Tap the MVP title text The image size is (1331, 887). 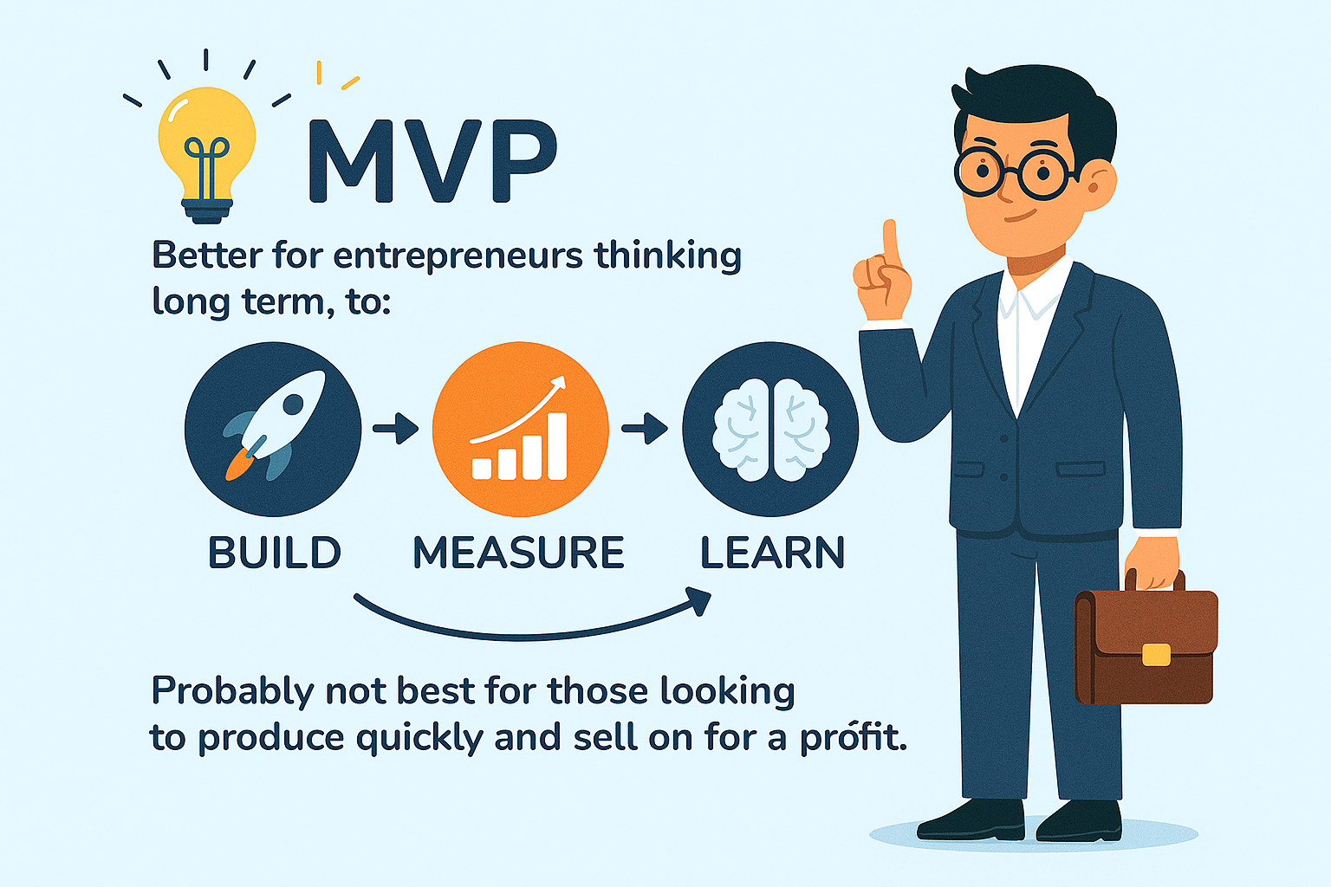pos(432,161)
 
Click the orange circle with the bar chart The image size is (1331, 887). pos(521,429)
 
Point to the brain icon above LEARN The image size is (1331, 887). pos(770,430)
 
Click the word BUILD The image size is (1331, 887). pos(275,553)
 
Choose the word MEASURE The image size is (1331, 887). pos(519,553)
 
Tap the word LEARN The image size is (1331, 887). pos(772,553)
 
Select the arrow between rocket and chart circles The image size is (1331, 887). pos(396,428)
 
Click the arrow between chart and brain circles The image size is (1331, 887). pos(645,428)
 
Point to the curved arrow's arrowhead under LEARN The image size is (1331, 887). pos(698,600)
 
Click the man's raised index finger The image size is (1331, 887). pos(890,243)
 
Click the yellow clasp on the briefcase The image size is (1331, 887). pos(1156,655)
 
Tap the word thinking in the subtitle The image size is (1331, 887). pos(668,256)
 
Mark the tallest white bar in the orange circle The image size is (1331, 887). pos(557,446)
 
